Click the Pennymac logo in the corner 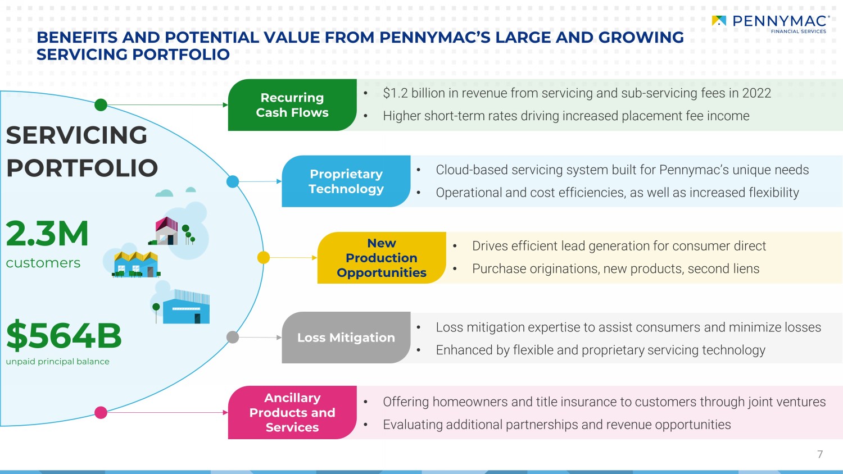point(771,23)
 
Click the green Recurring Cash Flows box point(292,105)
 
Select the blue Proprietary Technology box point(346,181)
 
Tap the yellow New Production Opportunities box point(381,258)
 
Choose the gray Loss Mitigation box point(346,338)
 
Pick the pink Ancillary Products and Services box point(292,412)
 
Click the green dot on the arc point(101,104)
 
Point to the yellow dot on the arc point(263,257)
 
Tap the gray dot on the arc point(233,337)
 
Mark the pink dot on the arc point(101,413)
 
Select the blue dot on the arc point(233,181)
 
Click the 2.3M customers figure point(47,234)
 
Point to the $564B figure point(64,336)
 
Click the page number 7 point(820,454)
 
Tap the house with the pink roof point(166,231)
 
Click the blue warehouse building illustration point(186,308)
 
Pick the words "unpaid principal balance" point(57,362)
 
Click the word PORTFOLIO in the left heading point(82,168)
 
